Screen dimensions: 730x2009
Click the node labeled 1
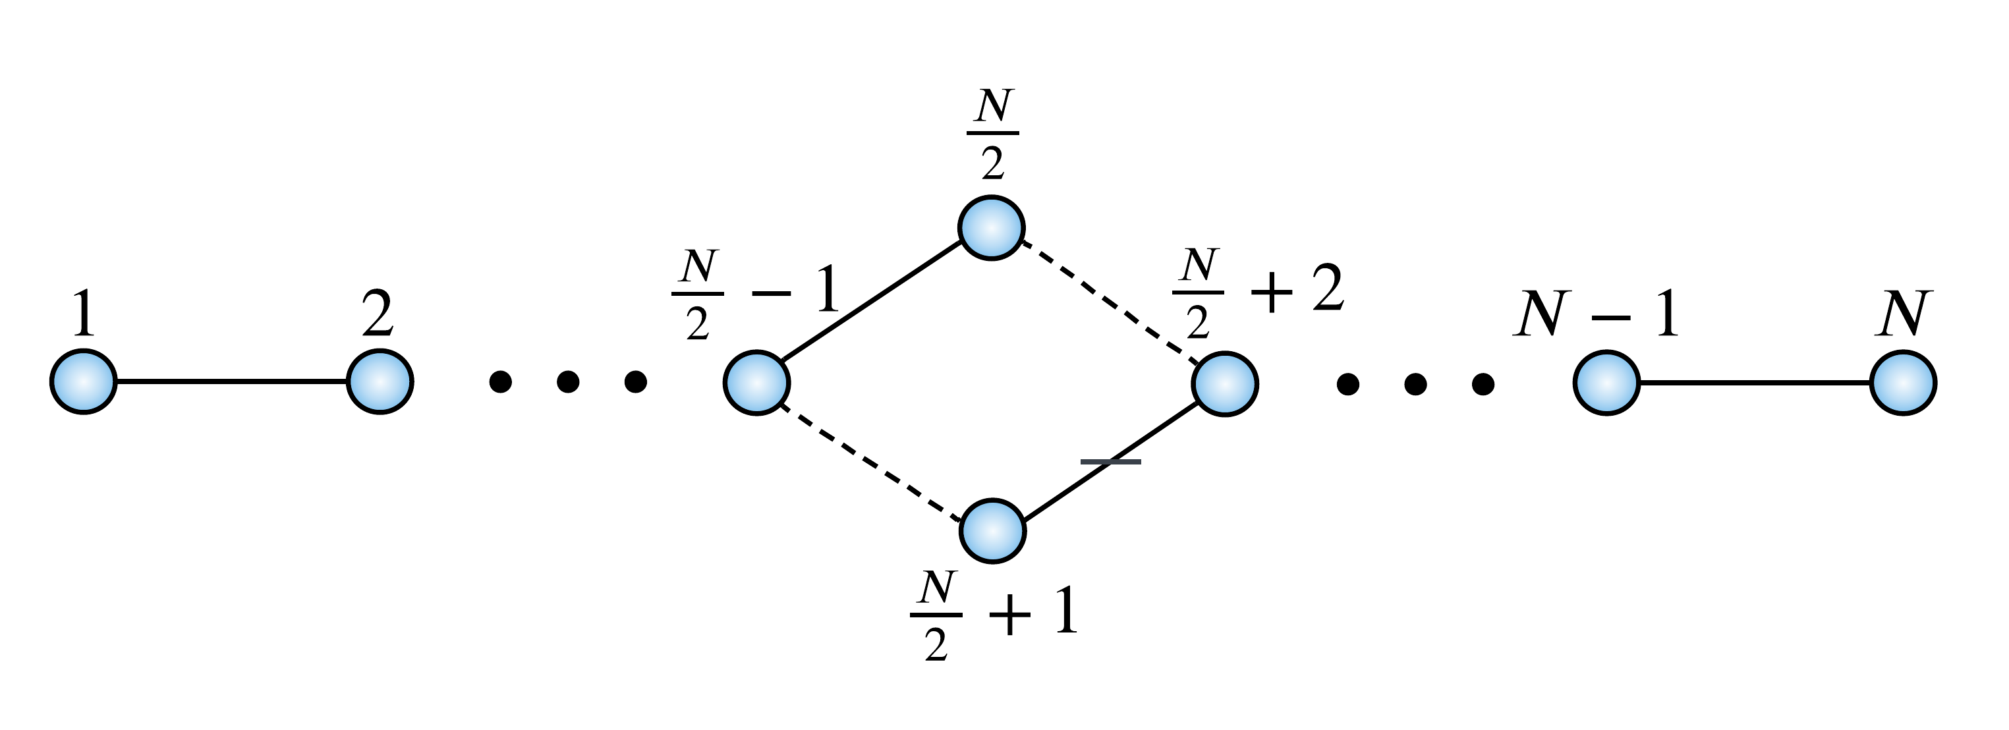click(84, 381)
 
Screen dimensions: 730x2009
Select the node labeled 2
click(379, 381)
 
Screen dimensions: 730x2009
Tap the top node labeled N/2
click(990, 228)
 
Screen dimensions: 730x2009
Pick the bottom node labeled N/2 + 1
click(992, 530)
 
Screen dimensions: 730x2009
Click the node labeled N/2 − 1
click(756, 382)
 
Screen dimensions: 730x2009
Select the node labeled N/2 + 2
click(1224, 383)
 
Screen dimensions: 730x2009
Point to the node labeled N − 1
click(1606, 383)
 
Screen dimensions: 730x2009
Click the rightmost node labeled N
click(1903, 383)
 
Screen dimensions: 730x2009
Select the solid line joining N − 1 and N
click(1755, 383)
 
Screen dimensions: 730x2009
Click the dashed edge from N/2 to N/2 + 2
click(1108, 304)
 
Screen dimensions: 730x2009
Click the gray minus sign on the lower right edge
click(1110, 462)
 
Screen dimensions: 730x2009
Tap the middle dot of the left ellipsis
click(568, 382)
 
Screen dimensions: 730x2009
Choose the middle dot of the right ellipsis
click(1415, 383)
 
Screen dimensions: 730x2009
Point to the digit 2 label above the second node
click(378, 314)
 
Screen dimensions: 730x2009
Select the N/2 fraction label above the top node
click(993, 134)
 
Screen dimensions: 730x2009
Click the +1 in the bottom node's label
click(1033, 613)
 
